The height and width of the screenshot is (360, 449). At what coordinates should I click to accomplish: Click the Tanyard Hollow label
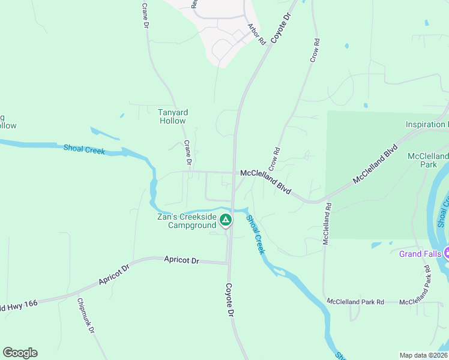pos(173,116)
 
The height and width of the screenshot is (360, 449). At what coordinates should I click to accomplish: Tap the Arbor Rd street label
pos(256,35)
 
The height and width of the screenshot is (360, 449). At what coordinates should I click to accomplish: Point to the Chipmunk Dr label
pos(85,316)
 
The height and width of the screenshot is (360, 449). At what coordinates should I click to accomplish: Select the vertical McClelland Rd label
pos(328,223)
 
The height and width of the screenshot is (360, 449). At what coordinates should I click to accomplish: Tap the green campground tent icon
pos(225,221)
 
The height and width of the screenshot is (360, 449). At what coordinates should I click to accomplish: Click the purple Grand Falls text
pos(420,254)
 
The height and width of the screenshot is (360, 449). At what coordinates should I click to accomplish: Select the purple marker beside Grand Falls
pos(447,253)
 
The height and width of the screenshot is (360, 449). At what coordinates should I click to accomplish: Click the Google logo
pos(20,353)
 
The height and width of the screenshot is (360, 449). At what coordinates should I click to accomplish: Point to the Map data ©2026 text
pos(423,355)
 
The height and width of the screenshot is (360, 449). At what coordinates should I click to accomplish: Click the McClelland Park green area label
pos(428,160)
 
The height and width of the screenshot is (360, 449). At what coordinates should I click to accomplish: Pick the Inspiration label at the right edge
pos(427,125)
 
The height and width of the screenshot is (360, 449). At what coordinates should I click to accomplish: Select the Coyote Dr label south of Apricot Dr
pos(229,300)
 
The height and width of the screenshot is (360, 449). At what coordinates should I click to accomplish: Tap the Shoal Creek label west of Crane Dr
pos(84,149)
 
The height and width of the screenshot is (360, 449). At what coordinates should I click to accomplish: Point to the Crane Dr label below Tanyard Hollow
pos(188,153)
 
